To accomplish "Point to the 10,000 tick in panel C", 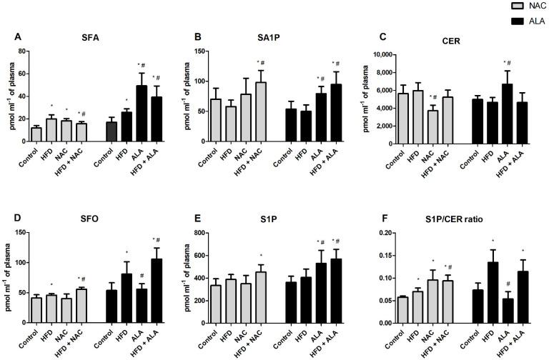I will (372, 54).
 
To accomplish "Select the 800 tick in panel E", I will (201, 233).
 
